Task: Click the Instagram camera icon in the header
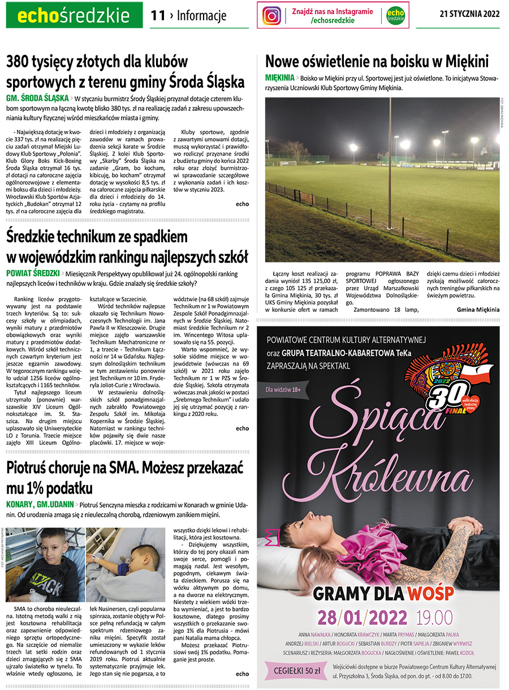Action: point(272,15)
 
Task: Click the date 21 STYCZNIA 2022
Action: point(469,15)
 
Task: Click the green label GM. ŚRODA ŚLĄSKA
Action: point(37,97)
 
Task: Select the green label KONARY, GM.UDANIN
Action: point(40,504)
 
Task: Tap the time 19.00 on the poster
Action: point(434,616)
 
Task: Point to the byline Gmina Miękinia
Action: point(478,310)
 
